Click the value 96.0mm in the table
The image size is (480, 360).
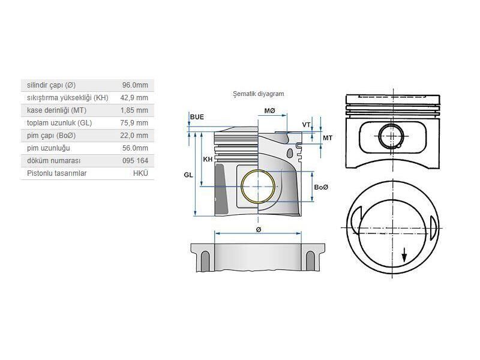click(136, 85)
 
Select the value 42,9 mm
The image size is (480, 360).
click(135, 97)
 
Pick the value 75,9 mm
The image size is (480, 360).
click(135, 122)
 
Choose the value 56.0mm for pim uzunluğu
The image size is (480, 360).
click(136, 148)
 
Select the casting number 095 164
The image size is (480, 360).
click(135, 160)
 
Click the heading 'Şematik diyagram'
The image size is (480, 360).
click(258, 94)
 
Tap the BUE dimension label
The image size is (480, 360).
click(197, 116)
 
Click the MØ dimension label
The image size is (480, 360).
click(269, 111)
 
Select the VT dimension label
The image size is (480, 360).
click(306, 125)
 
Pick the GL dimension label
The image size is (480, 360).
click(188, 175)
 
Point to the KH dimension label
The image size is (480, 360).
click(208, 159)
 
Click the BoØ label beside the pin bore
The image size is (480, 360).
click(321, 188)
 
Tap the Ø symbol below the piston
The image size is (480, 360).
click(259, 229)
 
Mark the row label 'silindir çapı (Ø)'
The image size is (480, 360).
click(52, 85)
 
